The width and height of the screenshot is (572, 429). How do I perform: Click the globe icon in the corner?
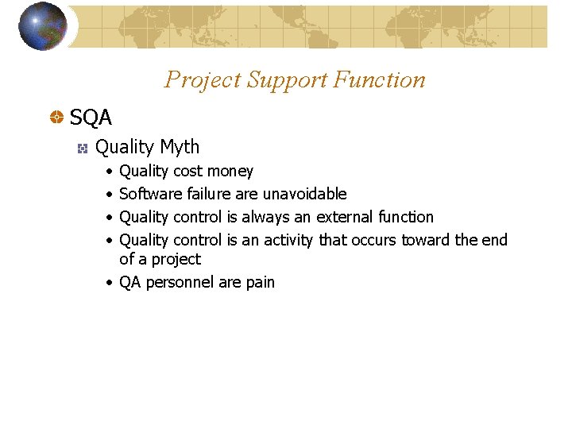tap(42, 26)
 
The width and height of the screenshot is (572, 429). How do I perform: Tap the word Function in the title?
tap(380, 79)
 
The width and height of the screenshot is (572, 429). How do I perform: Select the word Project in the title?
tap(202, 79)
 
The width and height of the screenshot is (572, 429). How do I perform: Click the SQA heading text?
tap(91, 118)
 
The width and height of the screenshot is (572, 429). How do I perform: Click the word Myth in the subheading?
tap(180, 147)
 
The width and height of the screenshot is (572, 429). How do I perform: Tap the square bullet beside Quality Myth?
tap(81, 148)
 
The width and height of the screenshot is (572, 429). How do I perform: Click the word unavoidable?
tap(304, 194)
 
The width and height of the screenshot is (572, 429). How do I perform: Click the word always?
tap(265, 217)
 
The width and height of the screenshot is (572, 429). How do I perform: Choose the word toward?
tap(426, 240)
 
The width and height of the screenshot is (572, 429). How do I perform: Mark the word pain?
tap(261, 282)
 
